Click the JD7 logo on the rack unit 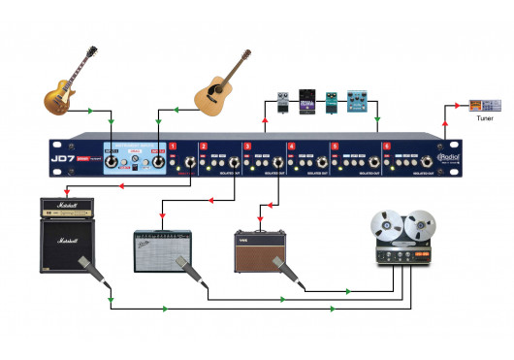click(64, 153)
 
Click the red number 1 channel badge click(173, 146)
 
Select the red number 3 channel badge click(248, 146)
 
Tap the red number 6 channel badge click(386, 146)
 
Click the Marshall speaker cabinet click(67, 247)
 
